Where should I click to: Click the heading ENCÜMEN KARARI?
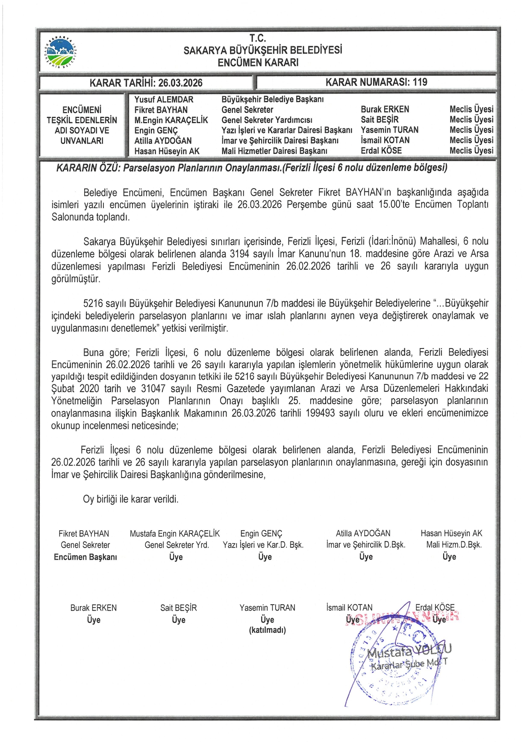pos(258,62)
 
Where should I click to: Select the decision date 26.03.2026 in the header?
pos(180,83)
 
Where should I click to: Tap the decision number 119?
pos(420,82)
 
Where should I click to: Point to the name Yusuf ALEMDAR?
pos(164,99)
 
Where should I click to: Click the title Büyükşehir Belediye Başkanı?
pos(272,99)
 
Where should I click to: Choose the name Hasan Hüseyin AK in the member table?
pos(167,151)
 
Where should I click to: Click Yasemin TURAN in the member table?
pos(389,130)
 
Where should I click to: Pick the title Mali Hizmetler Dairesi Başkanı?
pos(274,151)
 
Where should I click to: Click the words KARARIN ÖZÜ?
pos(88,168)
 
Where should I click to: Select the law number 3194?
pos(239,254)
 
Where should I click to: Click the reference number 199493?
pos(320,413)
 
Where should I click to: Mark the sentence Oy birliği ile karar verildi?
pos(131,499)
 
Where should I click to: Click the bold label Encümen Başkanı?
pos(85,557)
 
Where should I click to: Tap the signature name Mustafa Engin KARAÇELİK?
pos(174,534)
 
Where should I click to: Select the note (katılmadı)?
pos(267,630)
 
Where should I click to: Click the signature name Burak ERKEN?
pos(93,608)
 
